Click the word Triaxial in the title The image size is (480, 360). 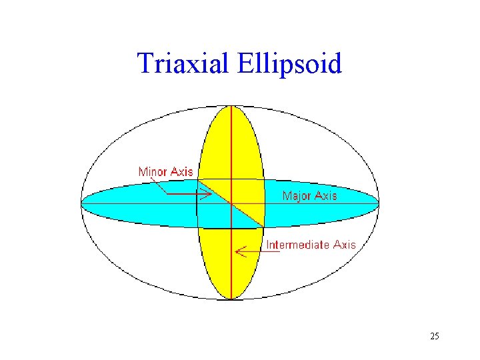[x=182, y=64]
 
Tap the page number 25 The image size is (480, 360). [x=435, y=336]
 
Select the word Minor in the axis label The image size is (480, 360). [x=153, y=172]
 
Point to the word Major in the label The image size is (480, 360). [x=297, y=196]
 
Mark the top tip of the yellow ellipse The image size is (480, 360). [x=231, y=107]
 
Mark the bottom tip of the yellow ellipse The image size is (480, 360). [x=231, y=299]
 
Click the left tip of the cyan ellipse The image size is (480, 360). [x=82, y=203]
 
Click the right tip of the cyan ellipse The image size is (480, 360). [x=378, y=203]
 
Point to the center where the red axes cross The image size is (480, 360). [x=231, y=203]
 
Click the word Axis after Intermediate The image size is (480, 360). [x=345, y=245]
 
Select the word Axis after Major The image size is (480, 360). [x=325, y=196]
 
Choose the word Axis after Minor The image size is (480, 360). [x=182, y=172]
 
